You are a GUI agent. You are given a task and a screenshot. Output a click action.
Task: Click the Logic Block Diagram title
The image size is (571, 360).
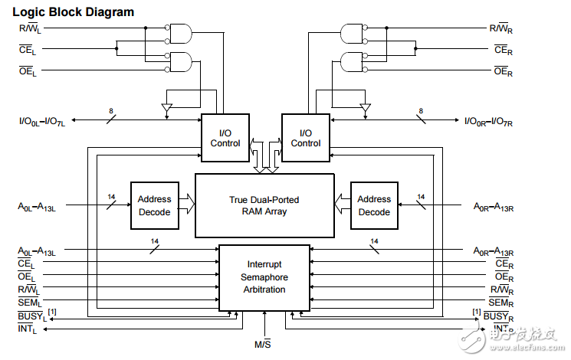click(x=73, y=12)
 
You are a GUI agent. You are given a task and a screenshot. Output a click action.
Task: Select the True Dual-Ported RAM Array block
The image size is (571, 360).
click(x=264, y=205)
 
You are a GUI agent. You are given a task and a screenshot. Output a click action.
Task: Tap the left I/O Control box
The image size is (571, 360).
click(x=225, y=138)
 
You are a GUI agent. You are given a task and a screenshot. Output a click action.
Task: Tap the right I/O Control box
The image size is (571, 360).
click(x=306, y=138)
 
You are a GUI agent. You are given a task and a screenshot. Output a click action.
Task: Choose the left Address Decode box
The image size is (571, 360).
click(x=154, y=205)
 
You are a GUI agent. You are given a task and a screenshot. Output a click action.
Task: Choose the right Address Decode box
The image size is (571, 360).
click(x=374, y=205)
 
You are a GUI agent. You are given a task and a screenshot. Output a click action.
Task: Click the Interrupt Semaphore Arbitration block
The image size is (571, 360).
click(x=264, y=278)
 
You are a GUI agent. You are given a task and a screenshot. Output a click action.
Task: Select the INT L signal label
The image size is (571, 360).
click(x=28, y=329)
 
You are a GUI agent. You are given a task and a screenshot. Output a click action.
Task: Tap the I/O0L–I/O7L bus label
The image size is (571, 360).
click(x=42, y=121)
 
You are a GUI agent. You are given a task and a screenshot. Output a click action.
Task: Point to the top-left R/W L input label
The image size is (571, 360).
click(x=30, y=30)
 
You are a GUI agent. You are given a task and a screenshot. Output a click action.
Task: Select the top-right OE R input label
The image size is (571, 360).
click(x=503, y=72)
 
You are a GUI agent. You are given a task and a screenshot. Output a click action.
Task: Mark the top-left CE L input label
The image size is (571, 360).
click(x=27, y=51)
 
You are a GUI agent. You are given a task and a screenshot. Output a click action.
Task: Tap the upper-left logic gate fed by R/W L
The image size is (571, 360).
click(x=181, y=32)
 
